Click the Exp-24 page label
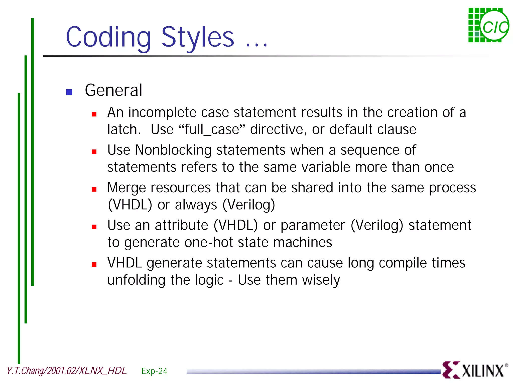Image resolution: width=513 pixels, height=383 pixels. [154, 371]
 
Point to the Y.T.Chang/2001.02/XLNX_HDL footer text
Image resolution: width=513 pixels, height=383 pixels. [67, 371]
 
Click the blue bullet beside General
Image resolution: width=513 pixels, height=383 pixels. [69, 92]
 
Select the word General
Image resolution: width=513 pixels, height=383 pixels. [113, 90]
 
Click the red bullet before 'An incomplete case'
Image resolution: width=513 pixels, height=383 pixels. [94, 114]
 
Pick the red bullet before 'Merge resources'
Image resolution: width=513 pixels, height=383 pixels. [94, 189]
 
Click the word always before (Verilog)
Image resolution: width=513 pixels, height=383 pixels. [196, 205]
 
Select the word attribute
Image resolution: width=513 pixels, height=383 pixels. [181, 225]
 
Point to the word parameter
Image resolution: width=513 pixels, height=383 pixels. [313, 225]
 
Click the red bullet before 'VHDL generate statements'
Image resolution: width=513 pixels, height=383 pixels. [94, 265]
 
